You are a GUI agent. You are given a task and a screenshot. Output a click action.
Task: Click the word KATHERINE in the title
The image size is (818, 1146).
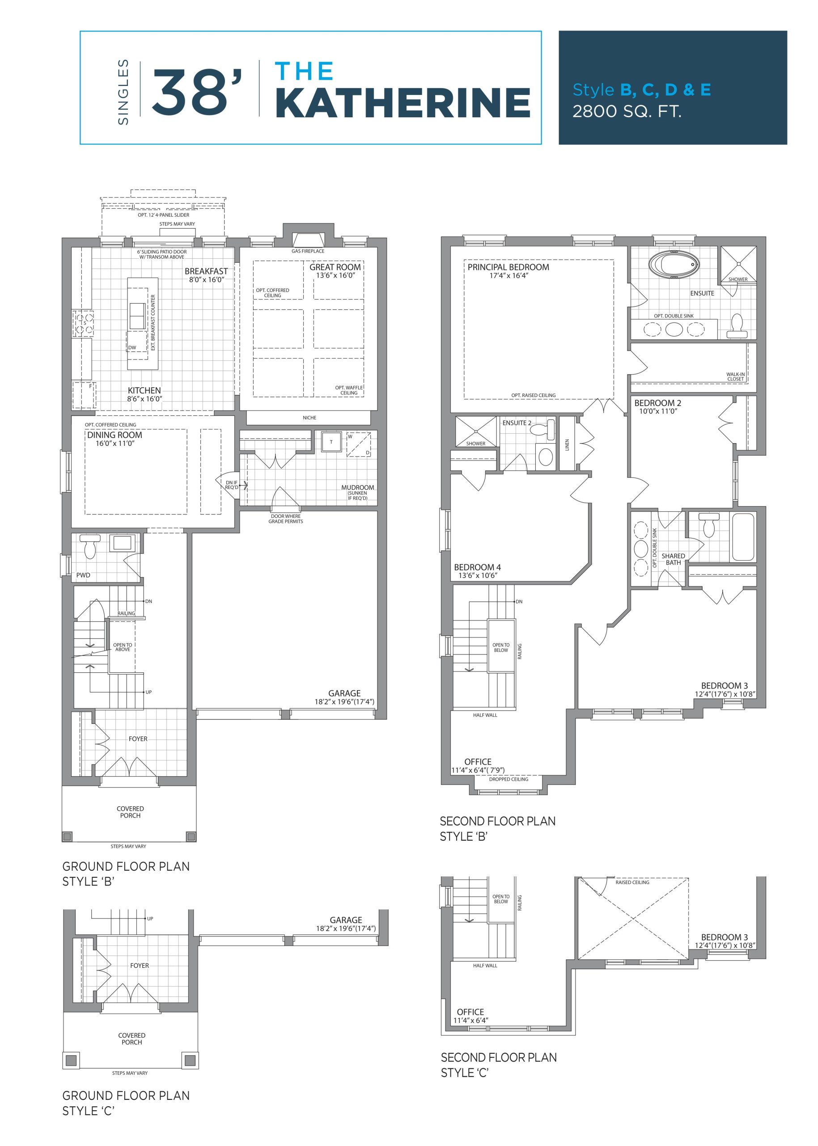[403, 103]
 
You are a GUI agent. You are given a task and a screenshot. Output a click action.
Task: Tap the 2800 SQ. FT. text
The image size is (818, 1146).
[627, 111]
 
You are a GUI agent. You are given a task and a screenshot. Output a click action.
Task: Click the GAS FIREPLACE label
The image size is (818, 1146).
[308, 251]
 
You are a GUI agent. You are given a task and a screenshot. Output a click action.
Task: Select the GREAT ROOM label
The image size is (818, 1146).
[335, 267]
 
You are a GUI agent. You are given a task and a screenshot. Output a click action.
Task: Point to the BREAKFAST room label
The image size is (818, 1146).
[206, 271]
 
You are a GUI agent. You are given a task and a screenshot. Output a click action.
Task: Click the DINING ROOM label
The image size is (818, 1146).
[115, 435]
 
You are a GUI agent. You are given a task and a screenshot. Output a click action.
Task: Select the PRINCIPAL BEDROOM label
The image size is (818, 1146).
[508, 267]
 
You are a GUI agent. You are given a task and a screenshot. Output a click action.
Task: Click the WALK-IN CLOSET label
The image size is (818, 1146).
[735, 376]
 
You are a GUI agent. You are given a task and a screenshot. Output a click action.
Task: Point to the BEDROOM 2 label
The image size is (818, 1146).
[657, 403]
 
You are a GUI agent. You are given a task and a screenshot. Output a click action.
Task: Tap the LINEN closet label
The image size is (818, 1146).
[567, 445]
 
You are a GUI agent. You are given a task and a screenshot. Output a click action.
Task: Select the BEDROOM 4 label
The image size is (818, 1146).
[478, 567]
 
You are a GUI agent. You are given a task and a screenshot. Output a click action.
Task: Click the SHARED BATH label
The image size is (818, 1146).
[674, 559]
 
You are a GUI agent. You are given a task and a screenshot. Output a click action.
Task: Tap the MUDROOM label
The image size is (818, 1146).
[358, 487]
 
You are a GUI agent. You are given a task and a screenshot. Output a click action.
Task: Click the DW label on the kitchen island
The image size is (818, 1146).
[132, 347]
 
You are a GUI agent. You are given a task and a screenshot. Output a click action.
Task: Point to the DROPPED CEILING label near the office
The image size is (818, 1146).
[509, 779]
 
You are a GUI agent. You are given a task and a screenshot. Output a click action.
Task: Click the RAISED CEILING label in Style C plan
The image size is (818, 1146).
[632, 882]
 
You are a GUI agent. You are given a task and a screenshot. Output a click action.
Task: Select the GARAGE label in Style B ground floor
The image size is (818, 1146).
[344, 693]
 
